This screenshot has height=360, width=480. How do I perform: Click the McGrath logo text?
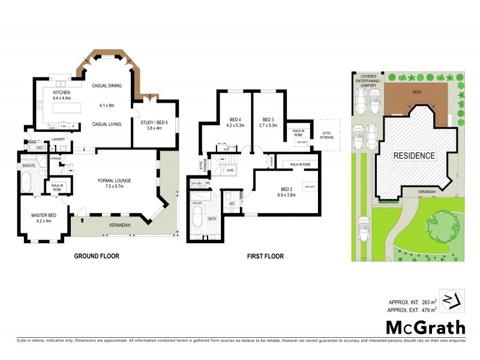(425, 327)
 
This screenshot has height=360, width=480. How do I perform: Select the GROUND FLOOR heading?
(96, 256)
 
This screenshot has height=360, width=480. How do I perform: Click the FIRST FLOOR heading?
(265, 256)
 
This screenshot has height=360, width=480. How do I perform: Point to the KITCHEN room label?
(62, 93)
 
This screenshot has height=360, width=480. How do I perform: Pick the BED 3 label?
(268, 119)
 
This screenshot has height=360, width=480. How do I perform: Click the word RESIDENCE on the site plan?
(414, 156)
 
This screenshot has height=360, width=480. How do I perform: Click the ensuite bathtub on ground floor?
(27, 182)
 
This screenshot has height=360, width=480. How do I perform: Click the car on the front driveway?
(363, 229)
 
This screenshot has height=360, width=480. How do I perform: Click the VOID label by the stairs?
(230, 170)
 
